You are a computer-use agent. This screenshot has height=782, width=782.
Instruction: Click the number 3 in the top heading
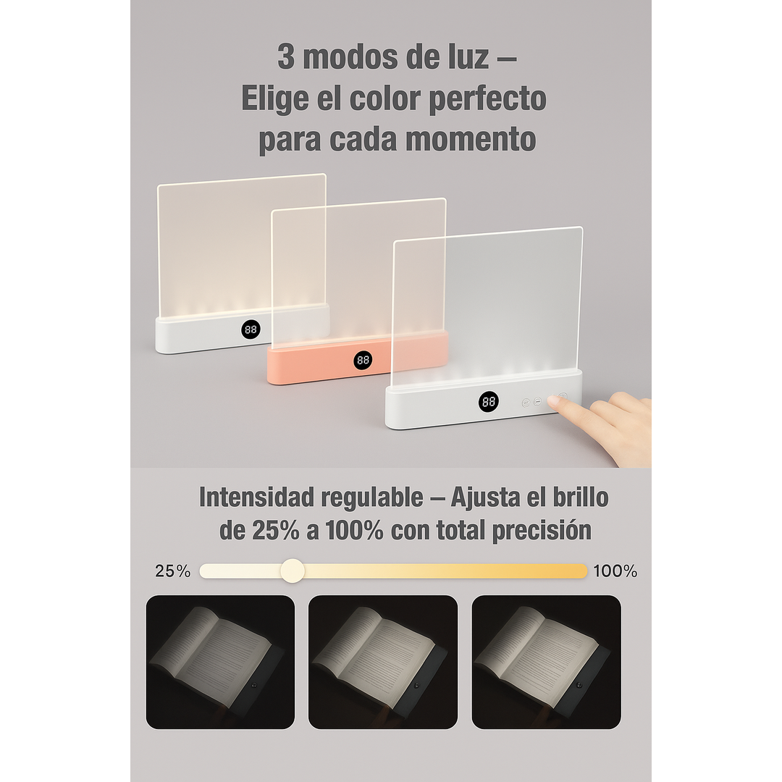[286, 57]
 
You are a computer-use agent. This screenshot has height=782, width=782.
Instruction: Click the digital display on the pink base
[363, 360]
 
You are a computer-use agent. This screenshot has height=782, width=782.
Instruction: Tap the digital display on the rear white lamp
[251, 329]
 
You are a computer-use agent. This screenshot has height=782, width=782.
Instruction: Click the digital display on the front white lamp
[488, 402]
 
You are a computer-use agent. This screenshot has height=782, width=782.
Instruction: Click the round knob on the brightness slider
[293, 571]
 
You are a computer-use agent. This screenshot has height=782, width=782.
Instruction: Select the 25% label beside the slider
[173, 571]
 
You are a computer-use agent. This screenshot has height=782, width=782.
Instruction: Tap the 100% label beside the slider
[615, 571]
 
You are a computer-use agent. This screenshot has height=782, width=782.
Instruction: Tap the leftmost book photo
[220, 662]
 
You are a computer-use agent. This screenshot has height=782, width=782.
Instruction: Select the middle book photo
[383, 662]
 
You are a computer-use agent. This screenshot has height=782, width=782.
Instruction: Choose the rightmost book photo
[546, 662]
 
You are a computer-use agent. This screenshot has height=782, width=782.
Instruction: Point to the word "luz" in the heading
[462, 57]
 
